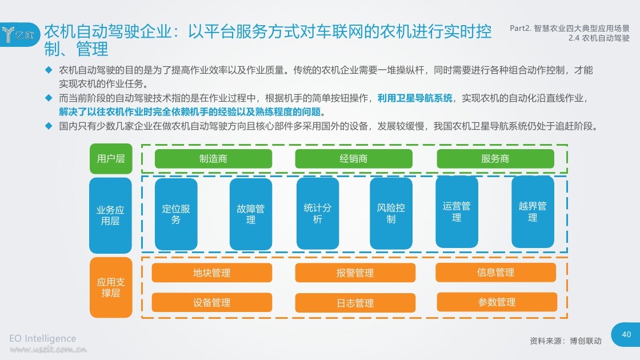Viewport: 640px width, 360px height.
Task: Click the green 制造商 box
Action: click(213, 158)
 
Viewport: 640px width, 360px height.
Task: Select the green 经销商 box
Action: click(354, 158)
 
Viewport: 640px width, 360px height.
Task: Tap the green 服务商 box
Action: click(495, 158)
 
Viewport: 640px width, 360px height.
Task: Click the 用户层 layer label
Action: click(111, 158)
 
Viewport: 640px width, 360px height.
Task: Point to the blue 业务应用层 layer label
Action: click(110, 215)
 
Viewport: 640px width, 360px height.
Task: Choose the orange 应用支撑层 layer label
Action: click(111, 287)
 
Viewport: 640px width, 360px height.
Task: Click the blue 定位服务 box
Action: click(176, 214)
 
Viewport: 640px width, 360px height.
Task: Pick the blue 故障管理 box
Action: click(251, 214)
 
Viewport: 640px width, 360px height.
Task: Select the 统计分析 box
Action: click(318, 213)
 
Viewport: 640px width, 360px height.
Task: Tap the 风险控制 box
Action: click(391, 213)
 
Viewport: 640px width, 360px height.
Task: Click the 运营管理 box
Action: click(457, 211)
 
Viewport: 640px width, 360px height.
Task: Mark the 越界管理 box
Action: click(533, 211)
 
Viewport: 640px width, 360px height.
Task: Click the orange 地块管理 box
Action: click(212, 273)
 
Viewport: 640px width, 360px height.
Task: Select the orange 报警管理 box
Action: click(355, 273)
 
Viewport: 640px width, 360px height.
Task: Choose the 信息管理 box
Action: click(495, 272)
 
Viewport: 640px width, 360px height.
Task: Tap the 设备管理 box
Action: click(212, 302)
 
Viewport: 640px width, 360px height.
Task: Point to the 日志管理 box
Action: click(355, 303)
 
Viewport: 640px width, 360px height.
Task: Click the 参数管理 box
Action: click(497, 302)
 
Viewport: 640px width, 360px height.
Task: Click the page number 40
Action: click(626, 334)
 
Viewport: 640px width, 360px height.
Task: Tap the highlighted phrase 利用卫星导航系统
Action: click(415, 98)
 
